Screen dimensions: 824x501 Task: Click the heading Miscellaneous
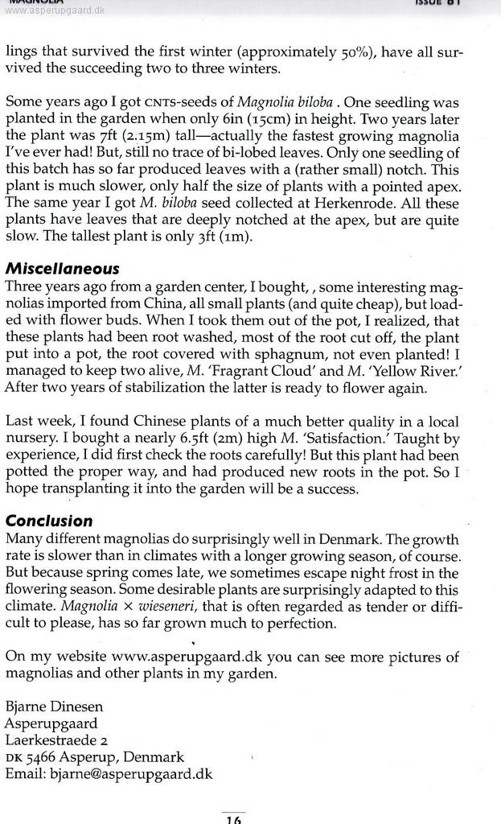62,269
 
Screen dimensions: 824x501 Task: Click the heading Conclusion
49,521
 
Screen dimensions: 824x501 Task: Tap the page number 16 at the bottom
233,818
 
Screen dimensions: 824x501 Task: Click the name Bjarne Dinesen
54,707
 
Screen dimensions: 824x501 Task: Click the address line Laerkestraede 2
56,740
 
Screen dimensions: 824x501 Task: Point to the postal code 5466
47,757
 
